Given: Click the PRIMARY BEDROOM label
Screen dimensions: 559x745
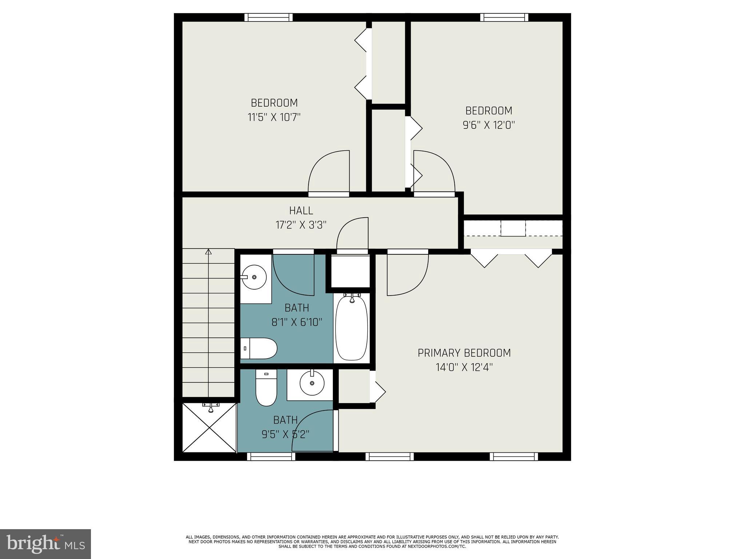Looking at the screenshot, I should [464, 353].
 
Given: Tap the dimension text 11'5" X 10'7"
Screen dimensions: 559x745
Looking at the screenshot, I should [274, 117].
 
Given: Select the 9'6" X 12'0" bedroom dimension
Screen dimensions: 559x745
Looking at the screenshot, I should [489, 125].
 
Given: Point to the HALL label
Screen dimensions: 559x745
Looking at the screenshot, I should [301, 210].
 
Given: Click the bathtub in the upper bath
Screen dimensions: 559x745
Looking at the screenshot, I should [351, 328].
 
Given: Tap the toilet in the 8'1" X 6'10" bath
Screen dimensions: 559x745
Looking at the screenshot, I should [259, 348].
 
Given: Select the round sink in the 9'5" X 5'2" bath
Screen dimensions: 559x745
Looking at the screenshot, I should [312, 383].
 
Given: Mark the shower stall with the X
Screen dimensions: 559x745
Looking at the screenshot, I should [209, 427].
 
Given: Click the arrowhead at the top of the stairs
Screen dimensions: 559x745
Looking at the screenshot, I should [208, 251].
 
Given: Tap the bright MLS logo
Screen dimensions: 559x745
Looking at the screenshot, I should [45, 544].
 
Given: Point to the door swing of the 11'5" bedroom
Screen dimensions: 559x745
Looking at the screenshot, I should [327, 171].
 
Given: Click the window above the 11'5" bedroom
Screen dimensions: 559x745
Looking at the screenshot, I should [268, 17].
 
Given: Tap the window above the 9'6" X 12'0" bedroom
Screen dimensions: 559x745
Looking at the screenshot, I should [504, 17].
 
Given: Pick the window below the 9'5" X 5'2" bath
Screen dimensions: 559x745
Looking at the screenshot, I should [271, 456].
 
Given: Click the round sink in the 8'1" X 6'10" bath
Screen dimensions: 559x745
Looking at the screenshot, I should [254, 277].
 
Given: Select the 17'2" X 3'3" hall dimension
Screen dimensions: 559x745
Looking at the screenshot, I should [301, 225].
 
